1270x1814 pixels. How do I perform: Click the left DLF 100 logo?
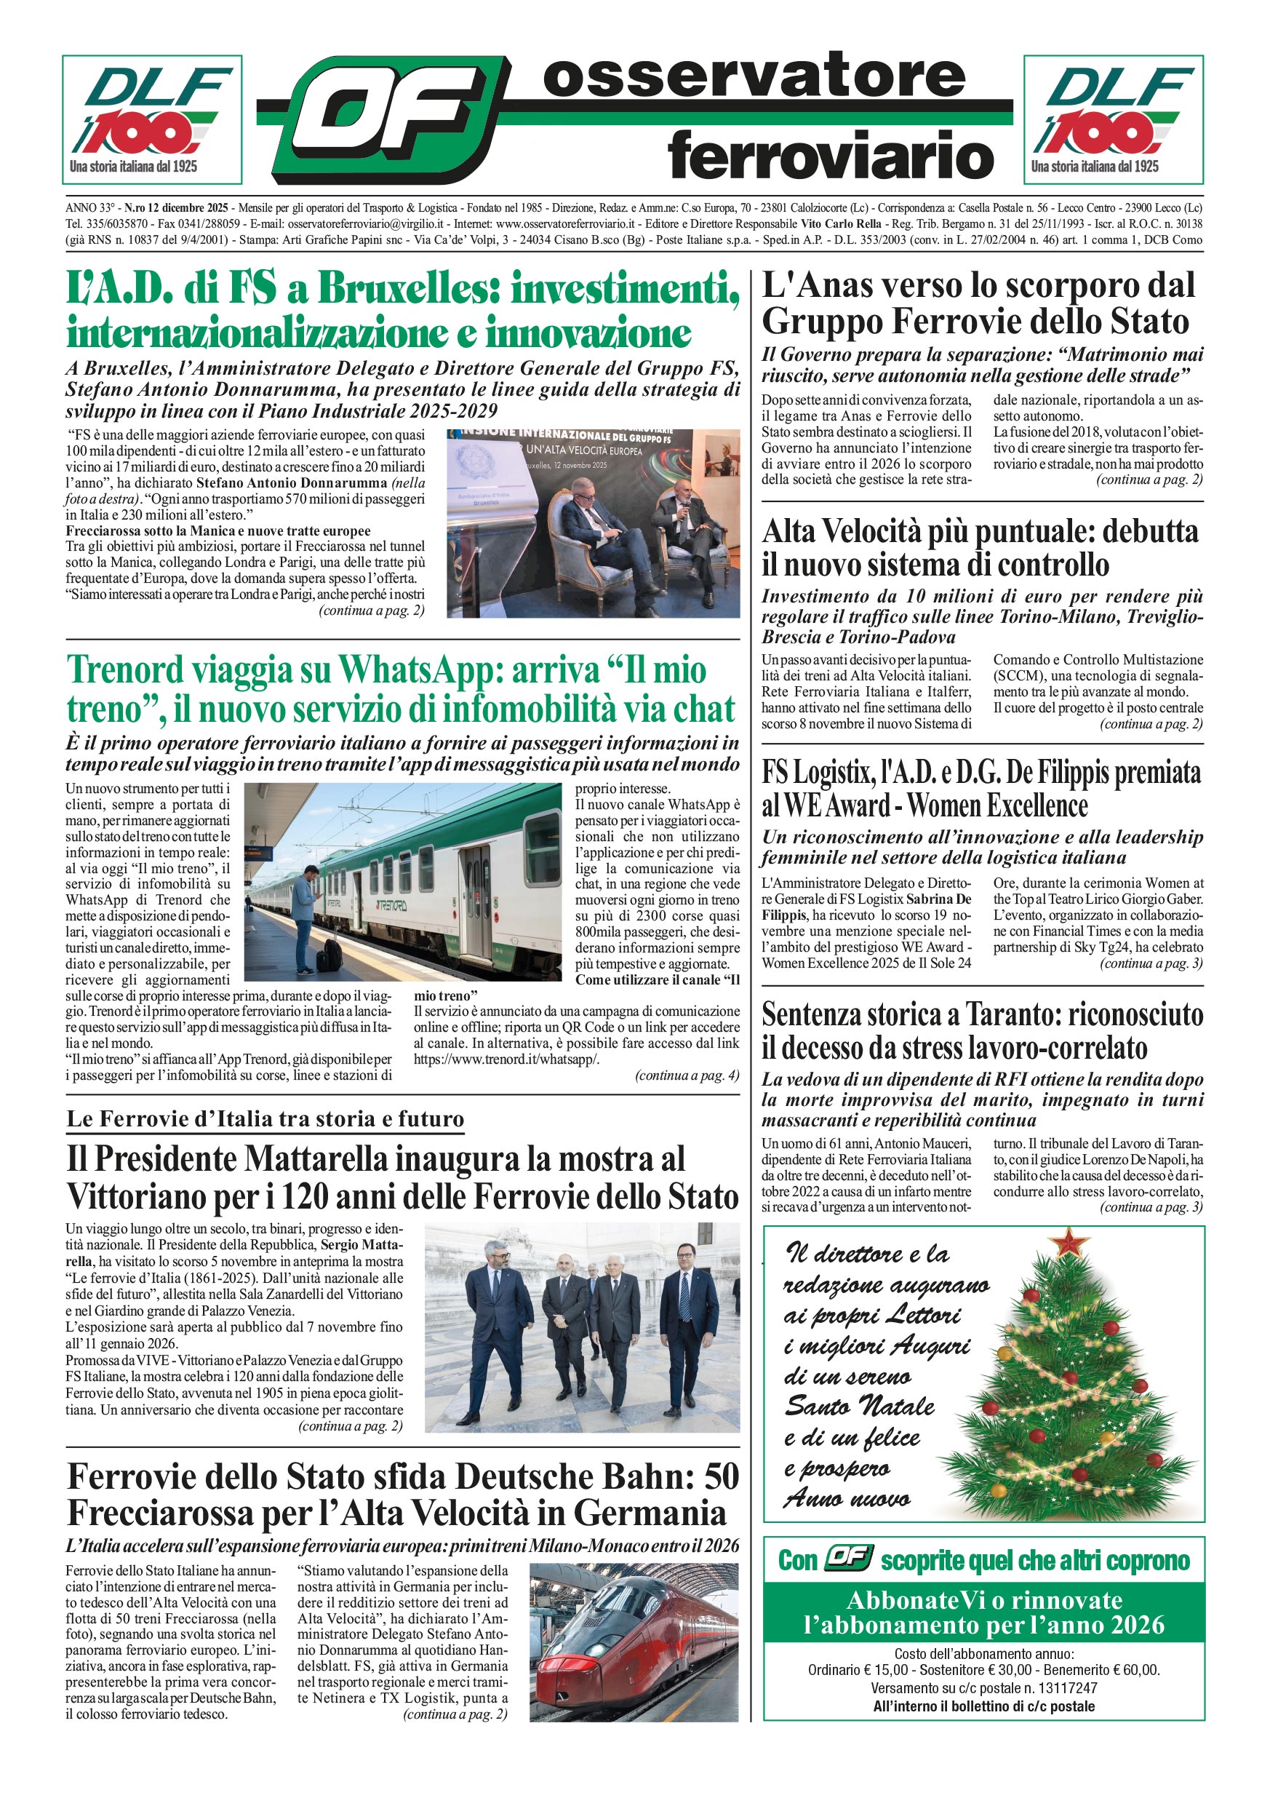[151, 119]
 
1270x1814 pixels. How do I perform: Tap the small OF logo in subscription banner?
[847, 1558]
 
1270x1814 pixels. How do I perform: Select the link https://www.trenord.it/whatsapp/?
[506, 1059]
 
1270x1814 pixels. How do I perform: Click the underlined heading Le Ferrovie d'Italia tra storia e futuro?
[265, 1118]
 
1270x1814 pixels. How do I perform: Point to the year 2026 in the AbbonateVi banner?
[1134, 1624]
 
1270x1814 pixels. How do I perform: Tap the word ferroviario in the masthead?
[830, 155]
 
